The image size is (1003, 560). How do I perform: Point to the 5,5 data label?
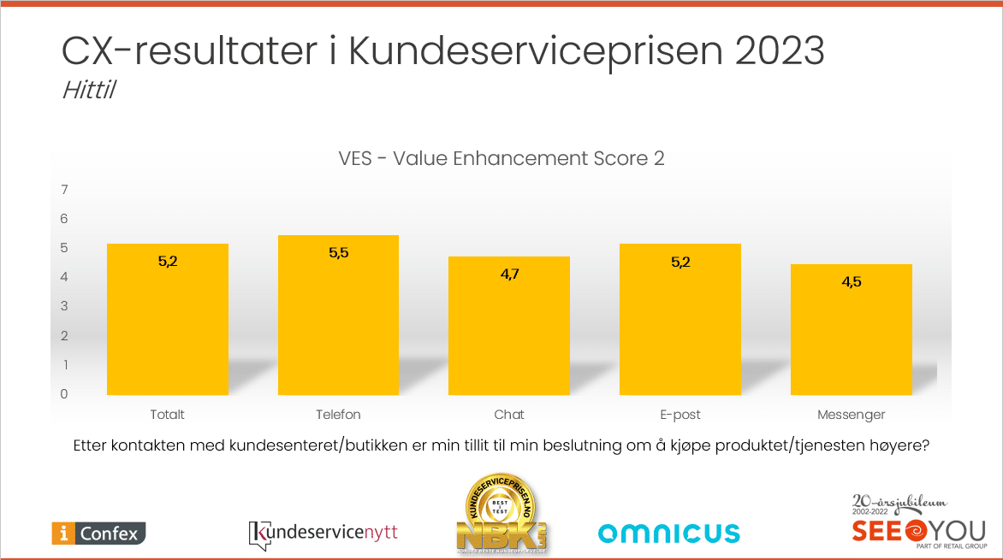point(339,252)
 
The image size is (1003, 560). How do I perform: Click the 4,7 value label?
point(509,274)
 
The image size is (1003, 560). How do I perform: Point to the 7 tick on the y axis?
point(64,189)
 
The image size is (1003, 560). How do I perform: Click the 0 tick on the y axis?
point(64,394)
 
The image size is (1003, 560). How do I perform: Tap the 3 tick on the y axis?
point(64,306)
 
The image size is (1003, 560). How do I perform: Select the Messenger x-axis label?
point(851,415)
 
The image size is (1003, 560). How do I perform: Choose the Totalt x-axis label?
point(168,415)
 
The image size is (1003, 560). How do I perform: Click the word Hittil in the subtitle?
point(88,90)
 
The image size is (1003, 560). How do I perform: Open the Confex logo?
point(99,533)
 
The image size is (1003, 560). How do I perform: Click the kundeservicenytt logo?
point(323,533)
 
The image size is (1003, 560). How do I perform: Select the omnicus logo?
point(668,533)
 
